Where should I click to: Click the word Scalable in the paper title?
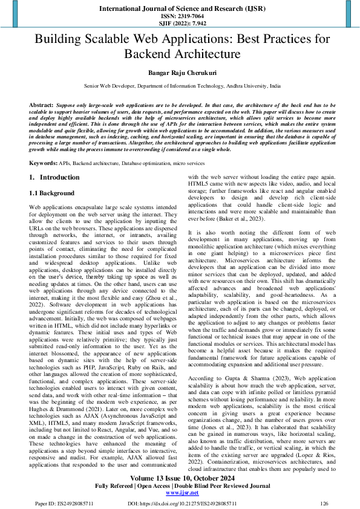point(114,40)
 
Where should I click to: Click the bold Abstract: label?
point(41,105)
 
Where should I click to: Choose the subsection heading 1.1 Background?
point(52,193)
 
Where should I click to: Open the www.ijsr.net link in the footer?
point(180,493)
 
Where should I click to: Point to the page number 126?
point(324,503)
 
